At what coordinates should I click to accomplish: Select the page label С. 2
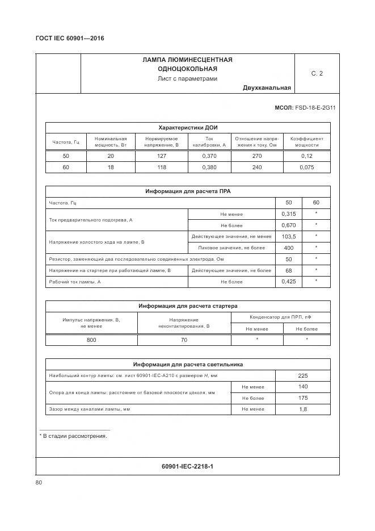click(x=317, y=73)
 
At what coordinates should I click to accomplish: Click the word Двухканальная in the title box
click(x=267, y=87)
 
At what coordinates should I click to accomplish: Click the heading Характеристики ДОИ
click(x=187, y=127)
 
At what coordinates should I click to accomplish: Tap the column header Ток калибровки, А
click(x=209, y=141)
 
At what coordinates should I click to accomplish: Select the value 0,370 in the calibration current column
click(x=209, y=156)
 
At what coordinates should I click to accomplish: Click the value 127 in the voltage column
click(x=161, y=156)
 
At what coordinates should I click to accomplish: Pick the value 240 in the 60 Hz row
click(x=256, y=168)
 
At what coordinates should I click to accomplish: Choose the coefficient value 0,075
click(x=307, y=168)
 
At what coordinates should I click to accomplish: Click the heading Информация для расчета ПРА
click(x=187, y=192)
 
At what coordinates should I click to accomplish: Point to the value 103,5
click(x=289, y=236)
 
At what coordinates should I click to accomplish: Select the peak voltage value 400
click(x=289, y=248)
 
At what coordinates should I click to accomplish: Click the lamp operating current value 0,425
click(x=289, y=282)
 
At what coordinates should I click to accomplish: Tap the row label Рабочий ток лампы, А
click(x=75, y=282)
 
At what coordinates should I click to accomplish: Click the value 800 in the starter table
click(x=91, y=340)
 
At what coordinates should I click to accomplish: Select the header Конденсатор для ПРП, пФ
click(x=280, y=317)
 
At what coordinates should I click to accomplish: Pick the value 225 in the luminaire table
click(x=302, y=375)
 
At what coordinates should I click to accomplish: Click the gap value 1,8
click(x=302, y=409)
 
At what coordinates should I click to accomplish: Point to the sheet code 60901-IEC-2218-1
click(x=187, y=466)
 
